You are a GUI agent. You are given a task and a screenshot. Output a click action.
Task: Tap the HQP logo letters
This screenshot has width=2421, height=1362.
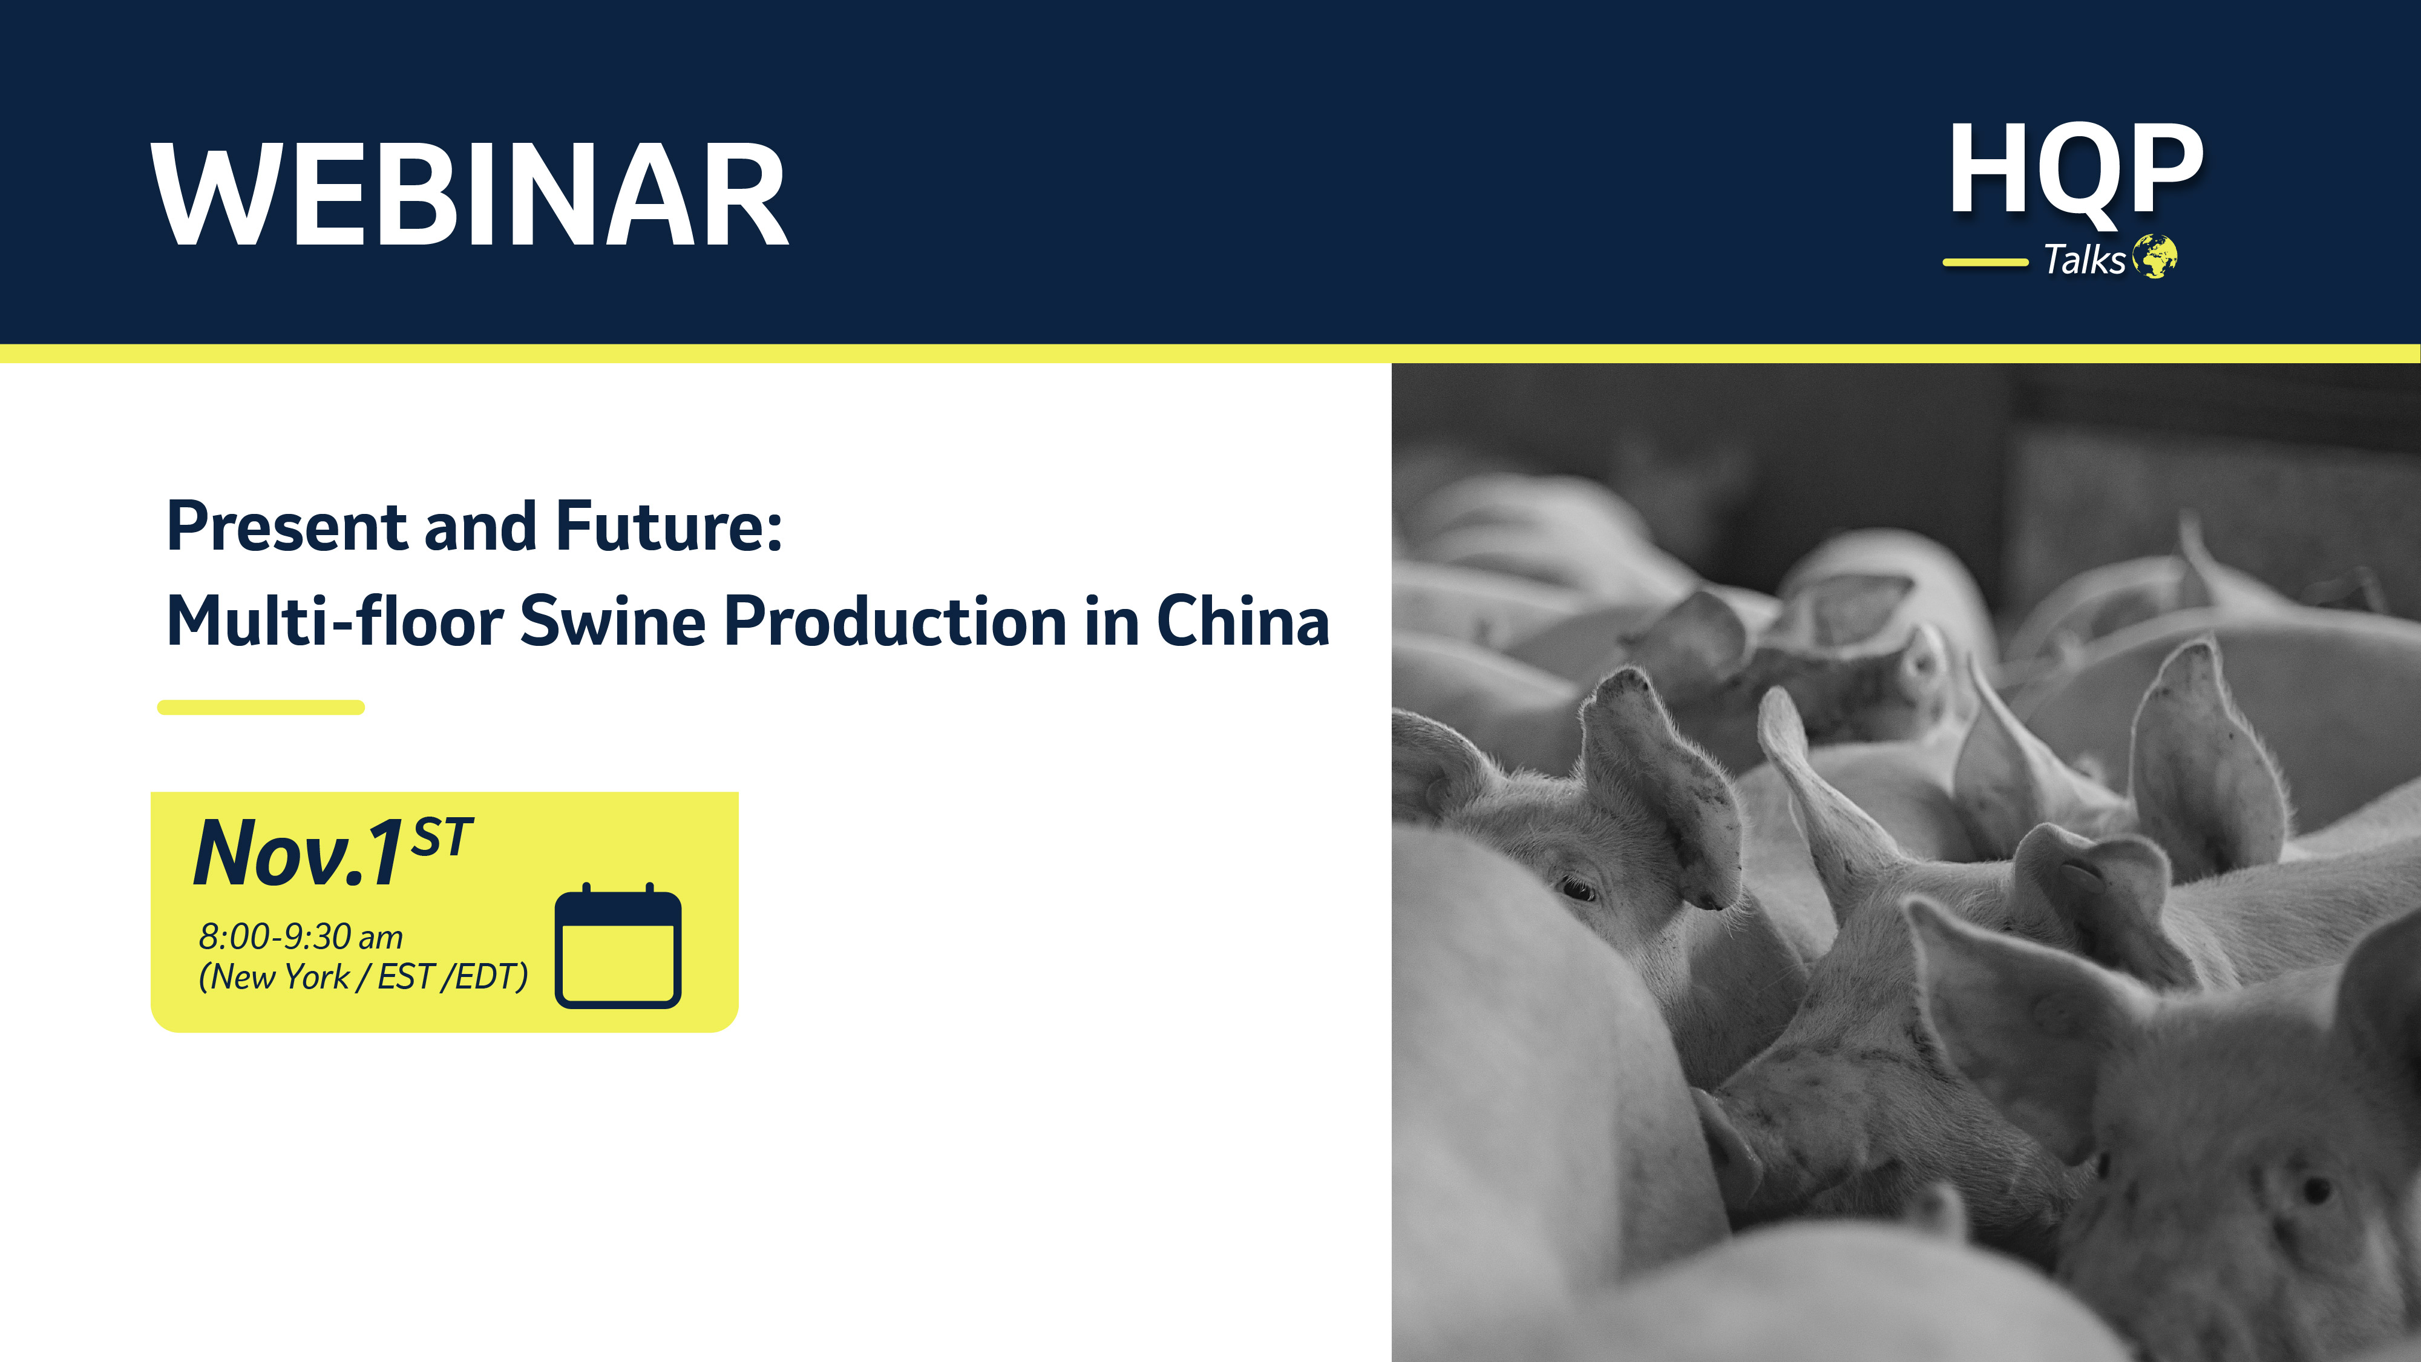coord(2075,172)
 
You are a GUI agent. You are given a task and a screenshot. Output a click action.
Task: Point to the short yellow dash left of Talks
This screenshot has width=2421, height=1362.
coord(1985,262)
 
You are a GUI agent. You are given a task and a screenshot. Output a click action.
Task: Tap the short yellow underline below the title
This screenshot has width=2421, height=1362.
coord(260,708)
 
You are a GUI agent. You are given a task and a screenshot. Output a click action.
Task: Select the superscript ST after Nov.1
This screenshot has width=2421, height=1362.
coord(442,835)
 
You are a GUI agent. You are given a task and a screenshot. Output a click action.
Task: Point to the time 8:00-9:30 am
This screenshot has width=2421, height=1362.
coord(301,937)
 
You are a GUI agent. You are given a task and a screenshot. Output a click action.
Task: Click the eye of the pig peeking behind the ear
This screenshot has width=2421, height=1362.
coord(1576,887)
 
